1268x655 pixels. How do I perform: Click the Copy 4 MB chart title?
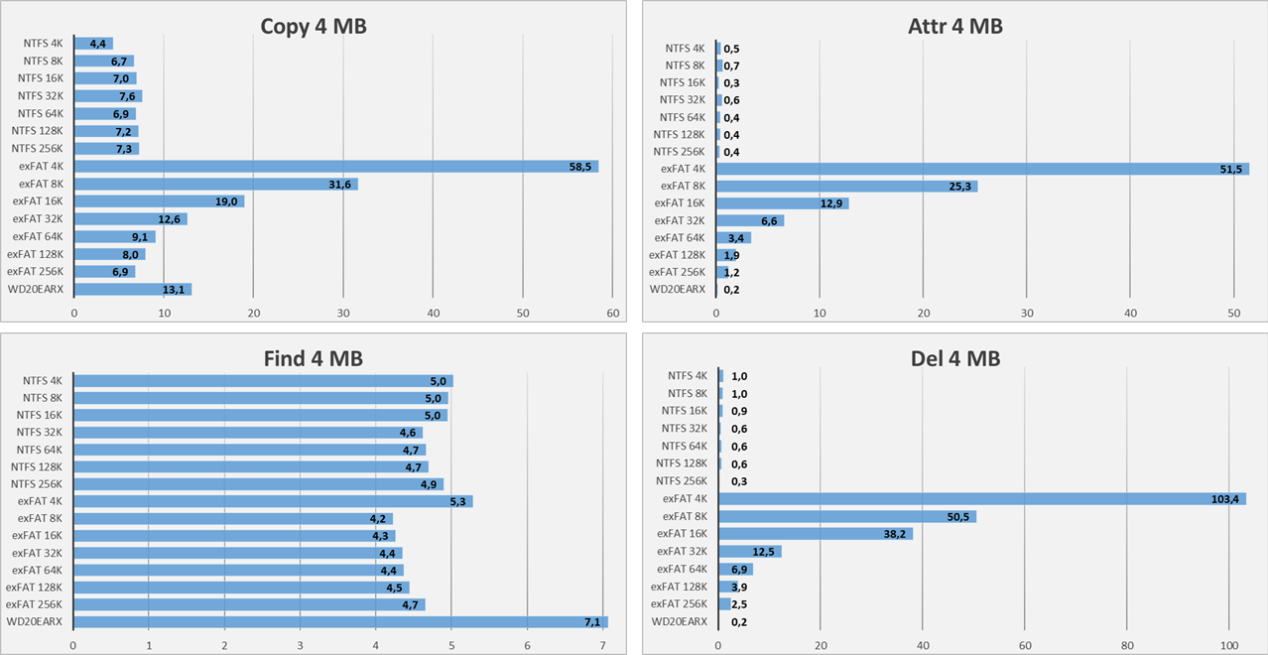313,27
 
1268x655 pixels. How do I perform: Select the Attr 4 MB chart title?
954,27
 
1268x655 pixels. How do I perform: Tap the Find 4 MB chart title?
313,358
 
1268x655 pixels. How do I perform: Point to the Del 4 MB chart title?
954,358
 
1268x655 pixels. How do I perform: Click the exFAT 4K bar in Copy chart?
335,167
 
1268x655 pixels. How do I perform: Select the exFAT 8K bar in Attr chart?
846,186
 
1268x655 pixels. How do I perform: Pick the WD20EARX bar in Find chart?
339,622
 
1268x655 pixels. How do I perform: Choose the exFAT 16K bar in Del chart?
815,534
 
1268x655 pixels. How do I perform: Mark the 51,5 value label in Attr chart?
1231,169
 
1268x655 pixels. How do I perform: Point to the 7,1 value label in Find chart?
592,622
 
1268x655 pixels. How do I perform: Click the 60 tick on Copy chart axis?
612,314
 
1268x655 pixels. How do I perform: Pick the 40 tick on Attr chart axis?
1130,314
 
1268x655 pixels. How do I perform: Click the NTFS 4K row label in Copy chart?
43,44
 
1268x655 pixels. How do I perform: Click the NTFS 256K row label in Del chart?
682,481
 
